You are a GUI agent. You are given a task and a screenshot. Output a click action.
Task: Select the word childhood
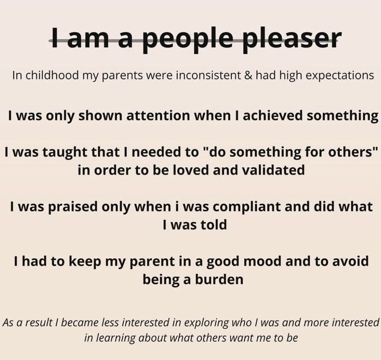coord(52,75)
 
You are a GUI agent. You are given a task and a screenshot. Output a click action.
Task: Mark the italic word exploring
coord(207,323)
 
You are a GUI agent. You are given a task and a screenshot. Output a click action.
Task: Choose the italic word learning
coord(116,338)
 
